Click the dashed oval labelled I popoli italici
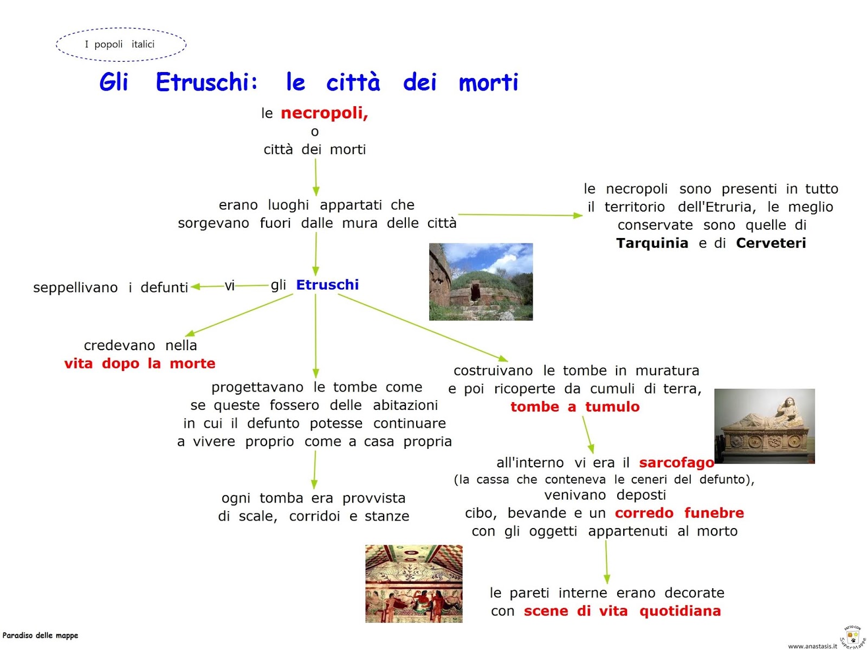pyautogui.click(x=121, y=44)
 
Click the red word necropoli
pyautogui.click(x=324, y=113)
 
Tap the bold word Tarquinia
pyautogui.click(x=652, y=243)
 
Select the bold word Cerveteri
pyautogui.click(x=771, y=243)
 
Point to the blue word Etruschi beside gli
pyautogui.click(x=327, y=285)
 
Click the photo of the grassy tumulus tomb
pyautogui.click(x=481, y=281)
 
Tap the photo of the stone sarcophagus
pyautogui.click(x=764, y=426)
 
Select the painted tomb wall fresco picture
pyautogui.click(x=413, y=583)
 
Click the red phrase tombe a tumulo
pyautogui.click(x=575, y=407)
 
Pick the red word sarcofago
pyautogui.click(x=676, y=462)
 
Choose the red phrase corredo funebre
pyautogui.click(x=679, y=513)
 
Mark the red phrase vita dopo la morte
pyautogui.click(x=140, y=363)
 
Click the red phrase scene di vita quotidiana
pyautogui.click(x=622, y=611)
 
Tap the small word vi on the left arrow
pyautogui.click(x=230, y=286)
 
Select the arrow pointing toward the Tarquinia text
pyautogui.click(x=520, y=215)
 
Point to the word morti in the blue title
pyautogui.click(x=488, y=82)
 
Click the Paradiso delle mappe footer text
pyautogui.click(x=40, y=635)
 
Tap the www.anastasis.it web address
pyautogui.click(x=812, y=646)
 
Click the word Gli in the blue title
pyautogui.click(x=114, y=82)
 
